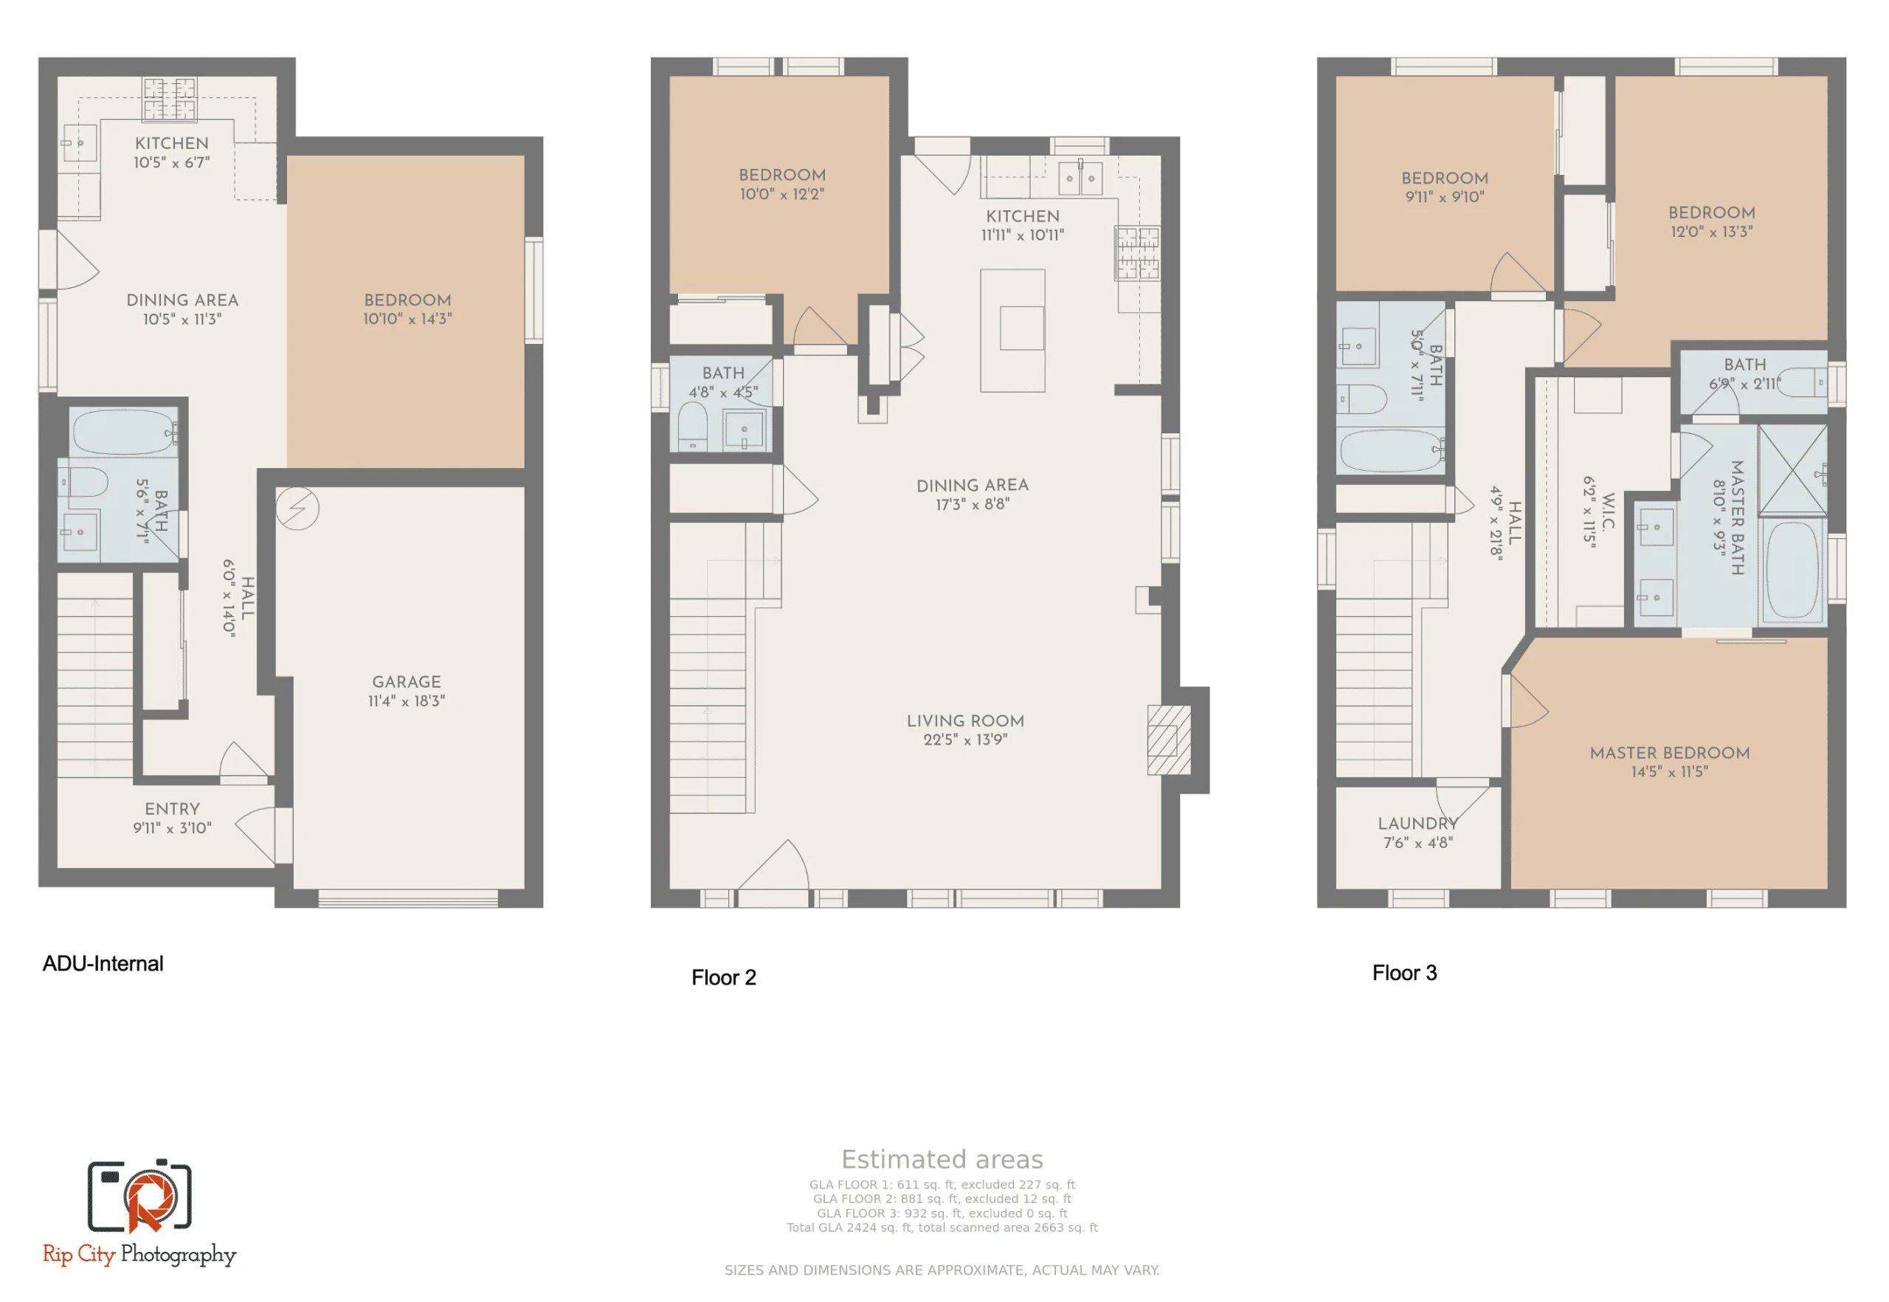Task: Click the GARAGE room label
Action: [x=406, y=682]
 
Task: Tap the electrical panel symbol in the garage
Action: [x=297, y=509]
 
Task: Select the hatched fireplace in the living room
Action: [x=1168, y=740]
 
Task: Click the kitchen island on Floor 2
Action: [x=1012, y=331]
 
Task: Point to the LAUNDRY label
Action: [x=1417, y=824]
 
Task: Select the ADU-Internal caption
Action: [x=103, y=964]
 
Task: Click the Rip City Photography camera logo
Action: [x=139, y=1196]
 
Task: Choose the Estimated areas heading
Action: [x=942, y=1160]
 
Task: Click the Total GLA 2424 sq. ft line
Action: [x=942, y=1227]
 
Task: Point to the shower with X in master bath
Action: [x=1791, y=471]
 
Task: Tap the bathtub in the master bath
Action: [x=1792, y=571]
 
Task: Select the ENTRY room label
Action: [x=172, y=809]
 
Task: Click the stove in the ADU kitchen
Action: [x=170, y=99]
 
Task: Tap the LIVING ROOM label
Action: [x=965, y=721]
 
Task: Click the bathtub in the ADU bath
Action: [x=122, y=432]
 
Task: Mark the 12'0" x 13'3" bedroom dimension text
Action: [x=1711, y=232]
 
